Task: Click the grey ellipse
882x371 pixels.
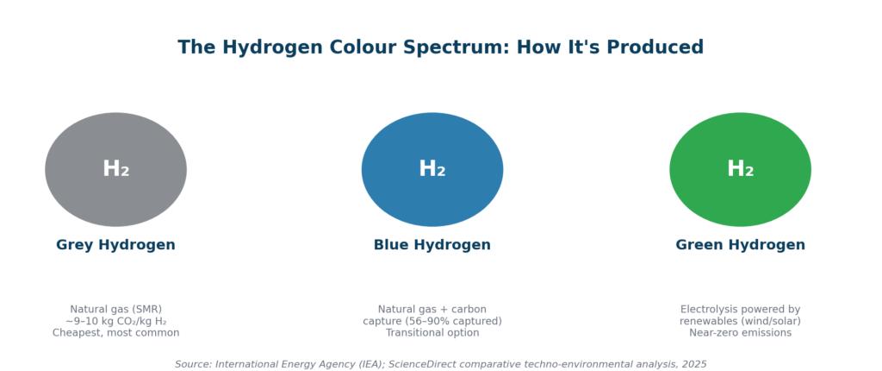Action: tap(116, 169)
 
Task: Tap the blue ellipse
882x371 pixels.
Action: tap(432, 169)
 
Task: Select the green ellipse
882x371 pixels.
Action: tap(740, 169)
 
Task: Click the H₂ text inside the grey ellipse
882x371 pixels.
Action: tap(116, 169)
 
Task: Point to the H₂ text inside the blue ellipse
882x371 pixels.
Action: tap(432, 169)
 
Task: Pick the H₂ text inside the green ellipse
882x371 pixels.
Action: tap(740, 169)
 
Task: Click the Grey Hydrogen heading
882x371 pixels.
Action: tap(116, 245)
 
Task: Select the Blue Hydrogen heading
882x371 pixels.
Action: tap(432, 245)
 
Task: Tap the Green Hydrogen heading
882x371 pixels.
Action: tap(740, 245)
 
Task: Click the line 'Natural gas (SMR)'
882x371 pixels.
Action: tap(116, 310)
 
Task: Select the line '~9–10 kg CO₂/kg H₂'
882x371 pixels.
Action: tap(116, 321)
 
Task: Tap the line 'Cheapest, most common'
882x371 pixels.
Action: tap(116, 333)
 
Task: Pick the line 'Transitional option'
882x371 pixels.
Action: tap(432, 333)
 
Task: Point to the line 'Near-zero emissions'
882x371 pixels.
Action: tap(740, 333)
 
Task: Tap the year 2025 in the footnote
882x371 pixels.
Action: tap(694, 364)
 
